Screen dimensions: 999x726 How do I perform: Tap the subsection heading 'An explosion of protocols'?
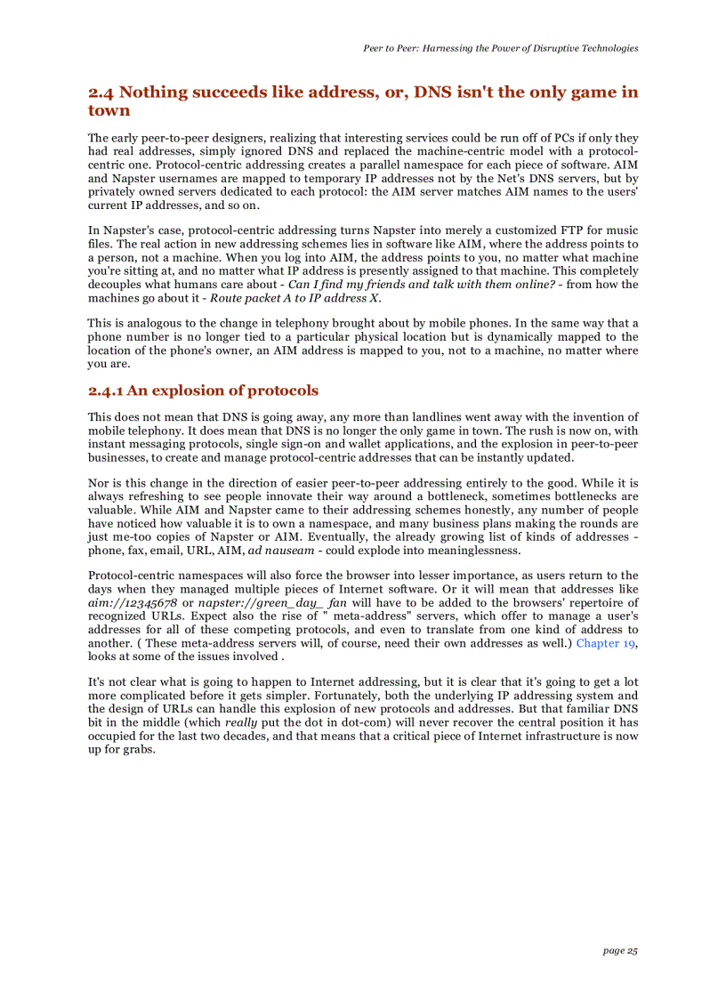(x=222, y=391)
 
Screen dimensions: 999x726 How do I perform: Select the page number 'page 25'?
(x=620, y=951)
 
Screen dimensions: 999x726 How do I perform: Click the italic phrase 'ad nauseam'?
(x=279, y=550)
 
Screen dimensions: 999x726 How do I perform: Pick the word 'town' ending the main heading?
(x=109, y=111)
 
